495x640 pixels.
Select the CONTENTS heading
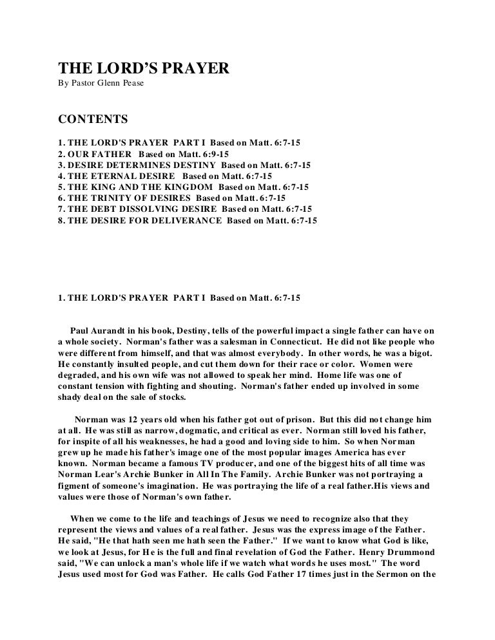(93, 120)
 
